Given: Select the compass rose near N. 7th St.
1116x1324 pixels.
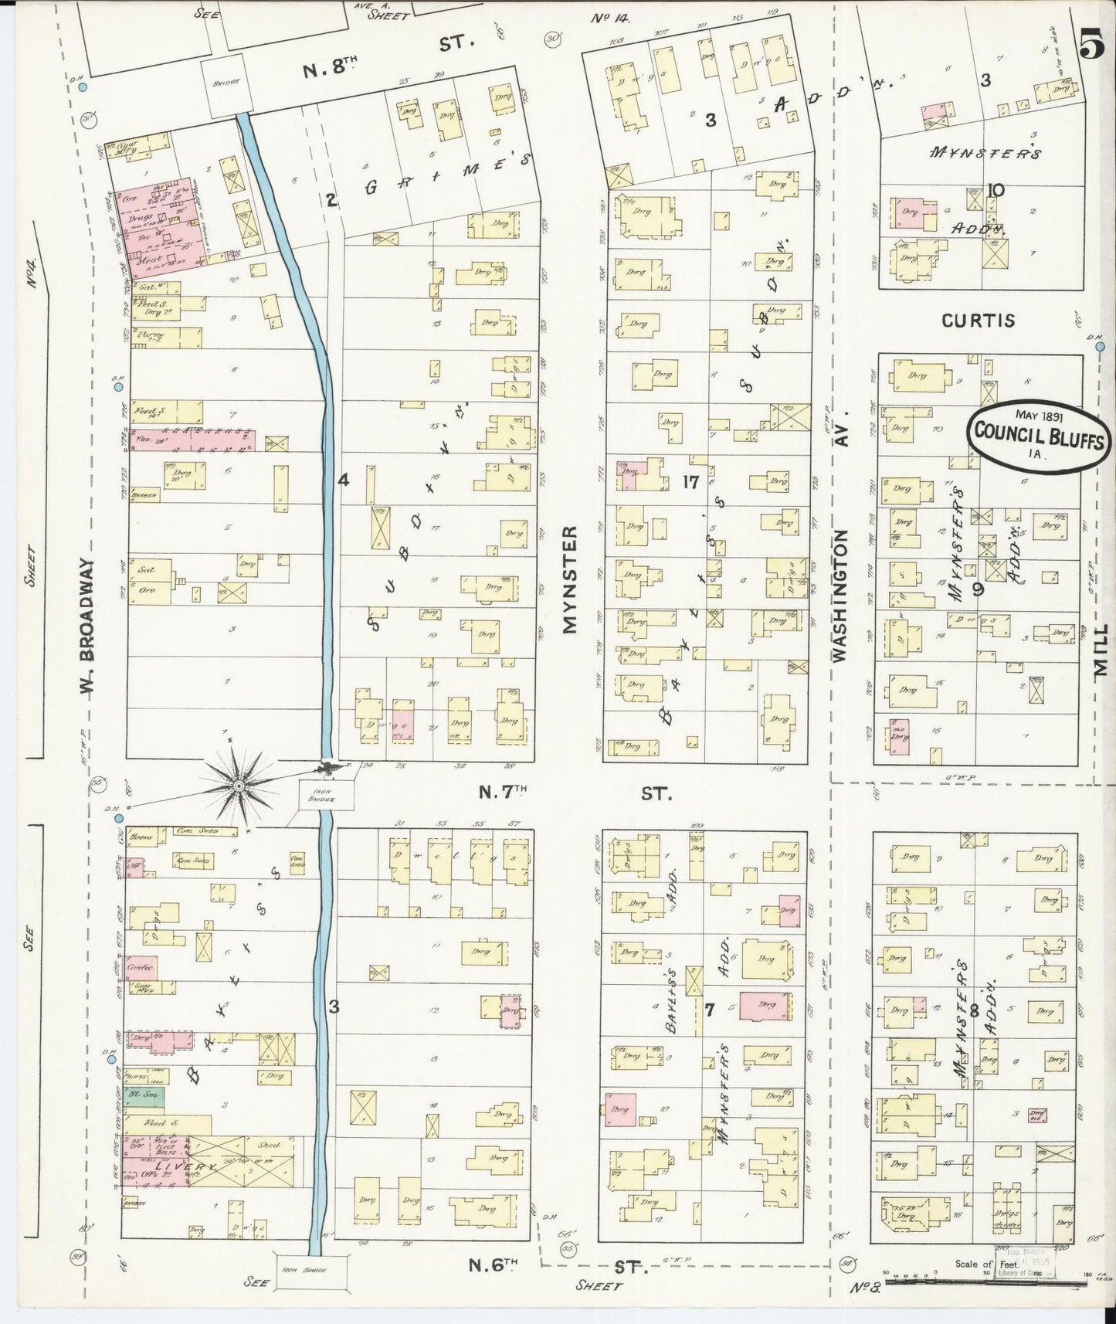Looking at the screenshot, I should (x=239, y=786).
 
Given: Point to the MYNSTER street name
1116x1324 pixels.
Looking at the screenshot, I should (x=570, y=579).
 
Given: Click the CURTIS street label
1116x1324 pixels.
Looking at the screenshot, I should (x=977, y=321).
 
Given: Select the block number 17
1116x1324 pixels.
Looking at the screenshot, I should (x=690, y=482).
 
